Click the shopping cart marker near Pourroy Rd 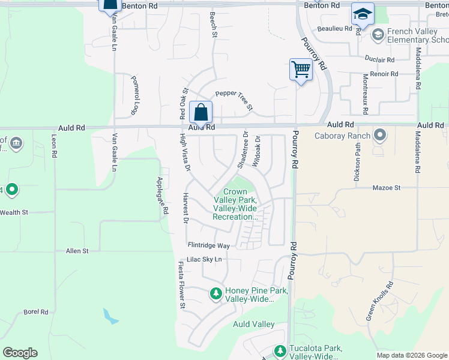pos(301,69)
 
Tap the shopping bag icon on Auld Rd pos(201,112)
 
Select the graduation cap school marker pos(363,14)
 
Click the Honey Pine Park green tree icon pos(215,293)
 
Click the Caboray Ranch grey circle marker pos(379,135)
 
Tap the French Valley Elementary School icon pos(378,35)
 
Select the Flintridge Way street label pos(209,245)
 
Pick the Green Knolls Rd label pos(379,300)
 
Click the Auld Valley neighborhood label pos(253,325)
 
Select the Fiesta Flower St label pos(181,285)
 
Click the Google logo pos(20,353)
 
